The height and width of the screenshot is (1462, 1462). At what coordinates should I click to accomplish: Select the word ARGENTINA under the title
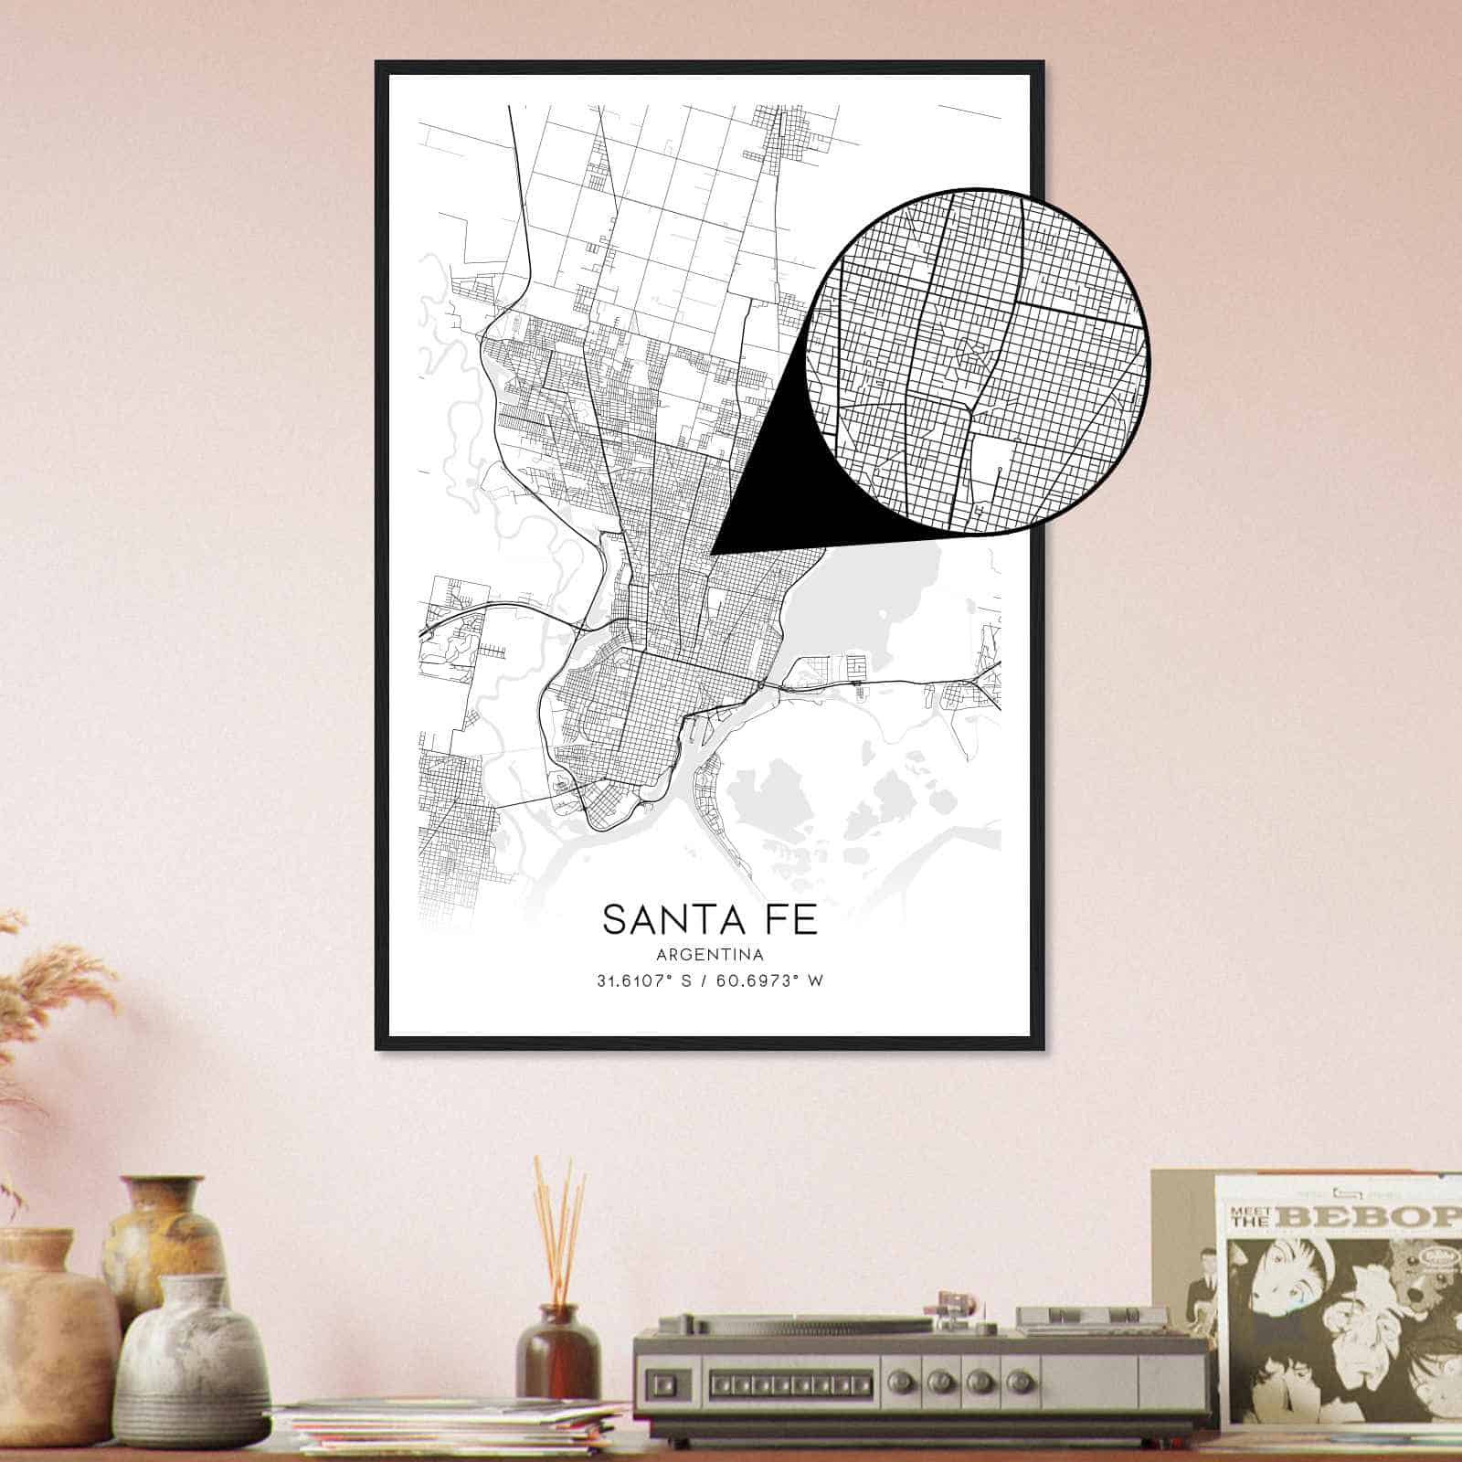coord(709,955)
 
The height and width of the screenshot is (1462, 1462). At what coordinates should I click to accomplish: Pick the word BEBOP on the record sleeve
coord(1371,1217)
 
